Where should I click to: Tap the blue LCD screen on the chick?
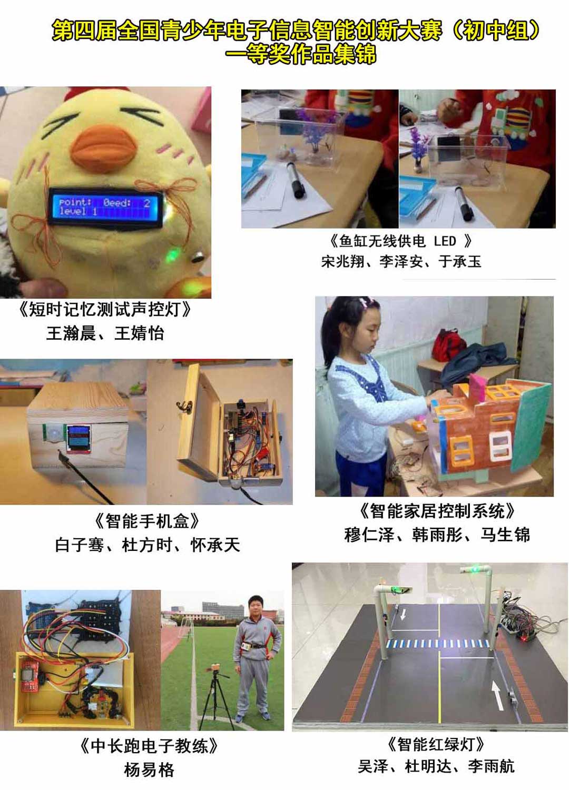pyautogui.click(x=105, y=208)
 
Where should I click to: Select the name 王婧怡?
pyautogui.click(x=139, y=333)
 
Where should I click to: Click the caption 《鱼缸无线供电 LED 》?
pyautogui.click(x=399, y=241)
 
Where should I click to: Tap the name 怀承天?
pyautogui.click(x=215, y=545)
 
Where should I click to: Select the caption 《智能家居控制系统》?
pyautogui.click(x=437, y=511)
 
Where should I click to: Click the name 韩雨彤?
pyautogui.click(x=437, y=535)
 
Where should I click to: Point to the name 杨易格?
pyautogui.click(x=149, y=769)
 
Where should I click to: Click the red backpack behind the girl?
pyautogui.click(x=449, y=345)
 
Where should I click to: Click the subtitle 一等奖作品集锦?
pyautogui.click(x=301, y=54)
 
